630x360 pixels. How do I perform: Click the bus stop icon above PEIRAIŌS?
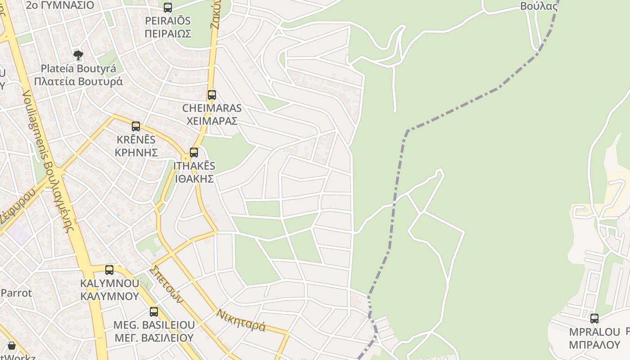[x=168, y=8]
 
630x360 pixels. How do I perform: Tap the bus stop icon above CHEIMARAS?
[x=212, y=95]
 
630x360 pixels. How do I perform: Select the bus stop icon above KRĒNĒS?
[x=136, y=126]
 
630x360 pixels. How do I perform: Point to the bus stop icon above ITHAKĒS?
[x=194, y=153]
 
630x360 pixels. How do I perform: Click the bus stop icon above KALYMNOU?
[x=109, y=270]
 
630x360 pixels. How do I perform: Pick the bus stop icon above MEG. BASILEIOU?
[x=154, y=312]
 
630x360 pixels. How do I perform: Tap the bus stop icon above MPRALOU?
[x=594, y=319]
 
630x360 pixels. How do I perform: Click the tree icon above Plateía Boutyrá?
[x=78, y=55]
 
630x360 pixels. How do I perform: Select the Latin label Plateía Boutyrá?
[x=78, y=69]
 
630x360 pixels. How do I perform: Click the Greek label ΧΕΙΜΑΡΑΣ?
[x=212, y=121]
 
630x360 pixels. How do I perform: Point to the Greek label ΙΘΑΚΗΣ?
[x=194, y=178]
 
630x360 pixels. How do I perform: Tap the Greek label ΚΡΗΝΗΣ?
[x=136, y=152]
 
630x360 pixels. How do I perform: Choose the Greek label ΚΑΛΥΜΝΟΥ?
[x=109, y=296]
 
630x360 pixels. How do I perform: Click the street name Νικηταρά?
[x=241, y=319]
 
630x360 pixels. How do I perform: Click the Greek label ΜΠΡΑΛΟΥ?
[x=594, y=345]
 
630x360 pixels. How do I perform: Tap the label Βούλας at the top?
[x=539, y=6]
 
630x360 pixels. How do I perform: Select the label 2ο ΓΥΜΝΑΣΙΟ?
[x=60, y=5]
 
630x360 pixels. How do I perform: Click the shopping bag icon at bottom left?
[x=12, y=346]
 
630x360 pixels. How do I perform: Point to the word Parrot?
[x=17, y=293]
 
